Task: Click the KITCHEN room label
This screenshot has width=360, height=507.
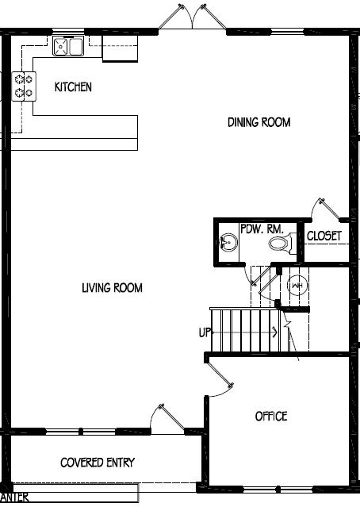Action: pyautogui.click(x=73, y=86)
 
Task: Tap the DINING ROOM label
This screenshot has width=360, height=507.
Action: pyautogui.click(x=259, y=122)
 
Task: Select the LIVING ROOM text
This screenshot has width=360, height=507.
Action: pyautogui.click(x=112, y=288)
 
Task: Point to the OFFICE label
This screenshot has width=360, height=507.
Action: pyautogui.click(x=271, y=416)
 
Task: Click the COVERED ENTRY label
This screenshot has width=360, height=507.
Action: pyautogui.click(x=98, y=463)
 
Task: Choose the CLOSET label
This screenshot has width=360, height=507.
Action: pyautogui.click(x=324, y=236)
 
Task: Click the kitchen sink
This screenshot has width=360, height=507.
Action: pyautogui.click(x=68, y=47)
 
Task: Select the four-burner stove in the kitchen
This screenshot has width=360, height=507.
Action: pyautogui.click(x=24, y=86)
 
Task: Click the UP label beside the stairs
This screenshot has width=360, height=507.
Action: pyautogui.click(x=205, y=333)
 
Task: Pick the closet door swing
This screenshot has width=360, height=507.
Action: pyautogui.click(x=327, y=209)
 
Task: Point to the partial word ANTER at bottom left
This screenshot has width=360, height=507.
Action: pyautogui.click(x=16, y=497)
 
